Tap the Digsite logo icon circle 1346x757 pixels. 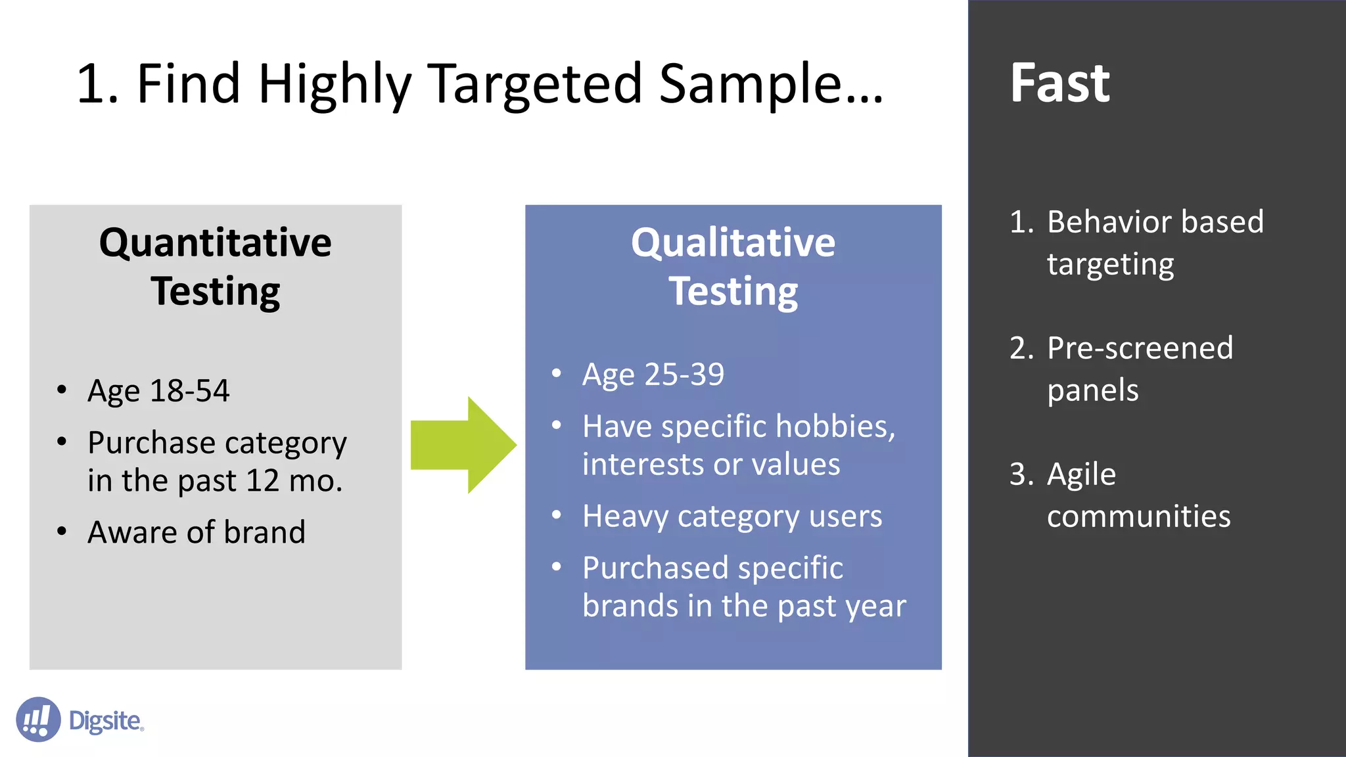coord(38,720)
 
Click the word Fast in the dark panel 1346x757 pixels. coord(1059,83)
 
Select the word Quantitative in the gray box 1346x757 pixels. coord(216,242)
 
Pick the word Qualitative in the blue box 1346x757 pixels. coord(733,242)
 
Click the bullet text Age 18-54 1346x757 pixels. coord(158,390)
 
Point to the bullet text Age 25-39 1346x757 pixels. coord(653,375)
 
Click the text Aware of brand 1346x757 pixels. coord(197,532)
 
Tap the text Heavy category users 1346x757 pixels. coord(732,516)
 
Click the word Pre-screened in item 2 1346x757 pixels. coord(1140,348)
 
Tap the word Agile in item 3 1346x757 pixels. coord(1081,474)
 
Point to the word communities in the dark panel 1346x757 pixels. coord(1138,516)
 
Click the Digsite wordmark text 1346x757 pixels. coord(105,721)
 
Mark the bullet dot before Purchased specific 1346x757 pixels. coord(557,566)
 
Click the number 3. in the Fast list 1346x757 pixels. coord(1021,474)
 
